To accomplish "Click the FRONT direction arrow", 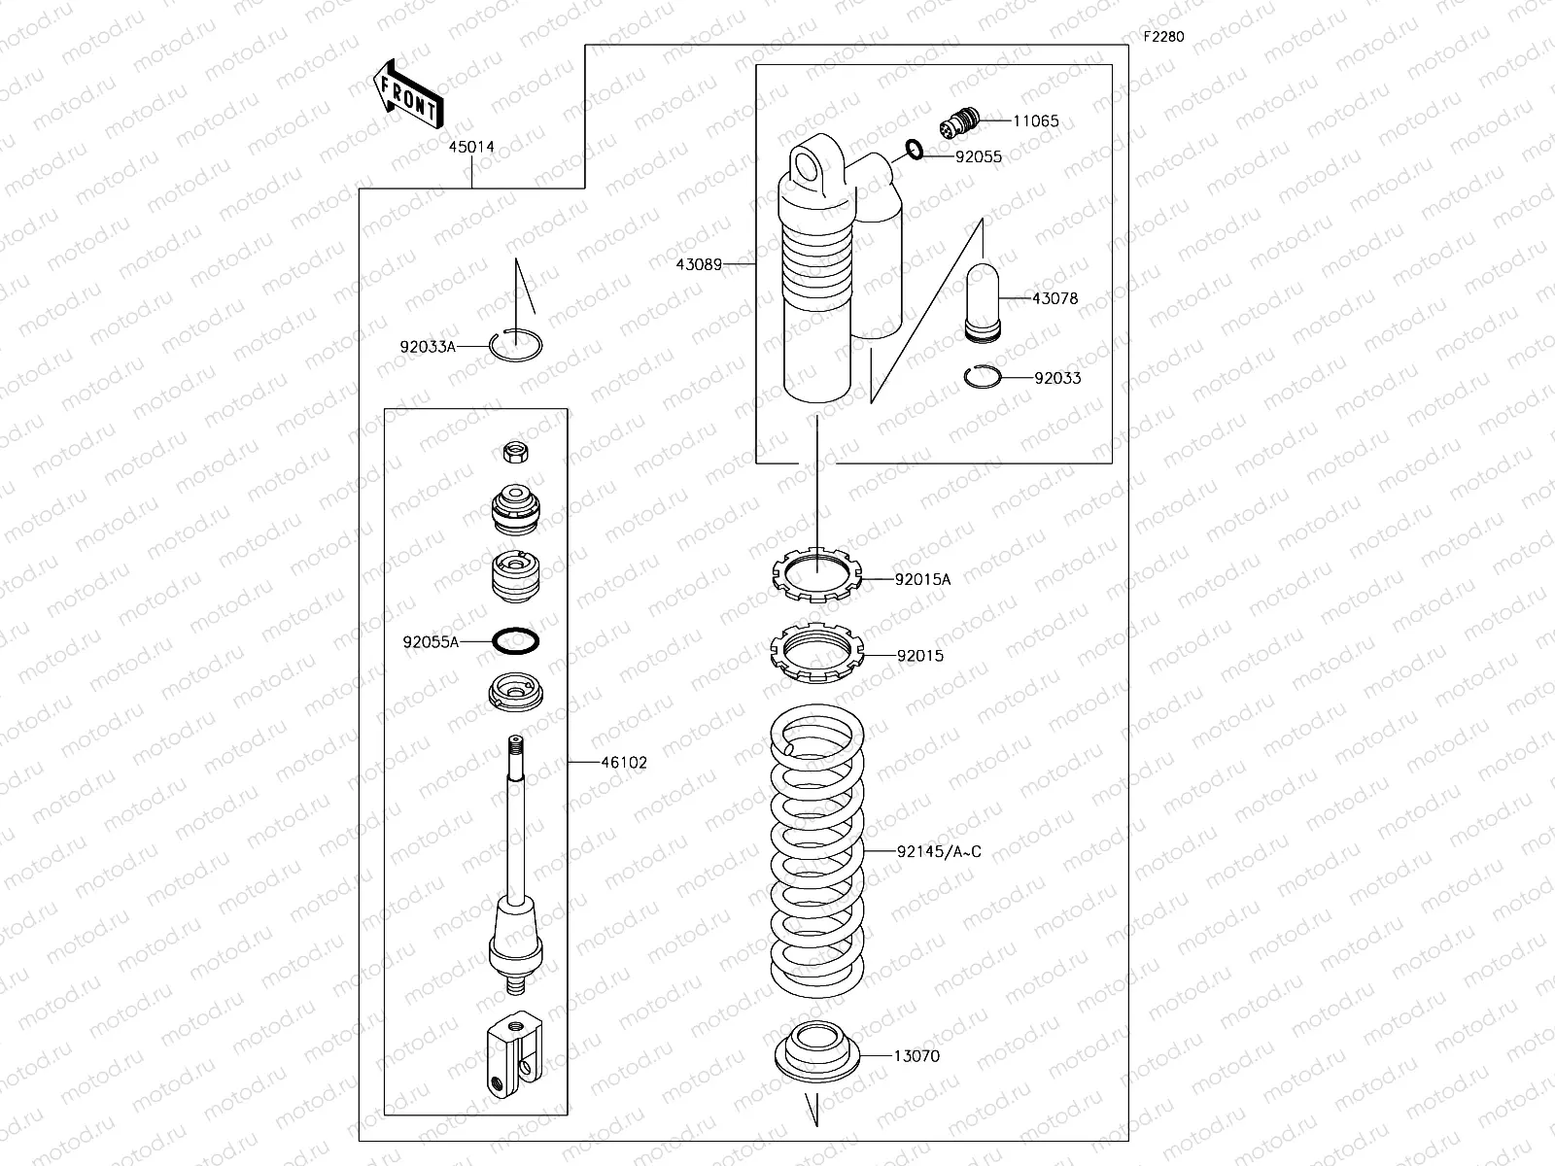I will pos(407,93).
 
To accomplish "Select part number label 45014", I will pos(471,148).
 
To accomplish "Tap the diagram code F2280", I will pos(1163,37).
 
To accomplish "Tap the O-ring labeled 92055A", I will pos(516,641).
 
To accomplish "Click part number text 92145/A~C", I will pos(939,852).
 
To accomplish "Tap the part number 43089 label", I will pos(700,264).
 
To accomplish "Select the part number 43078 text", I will pos(1054,299).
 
